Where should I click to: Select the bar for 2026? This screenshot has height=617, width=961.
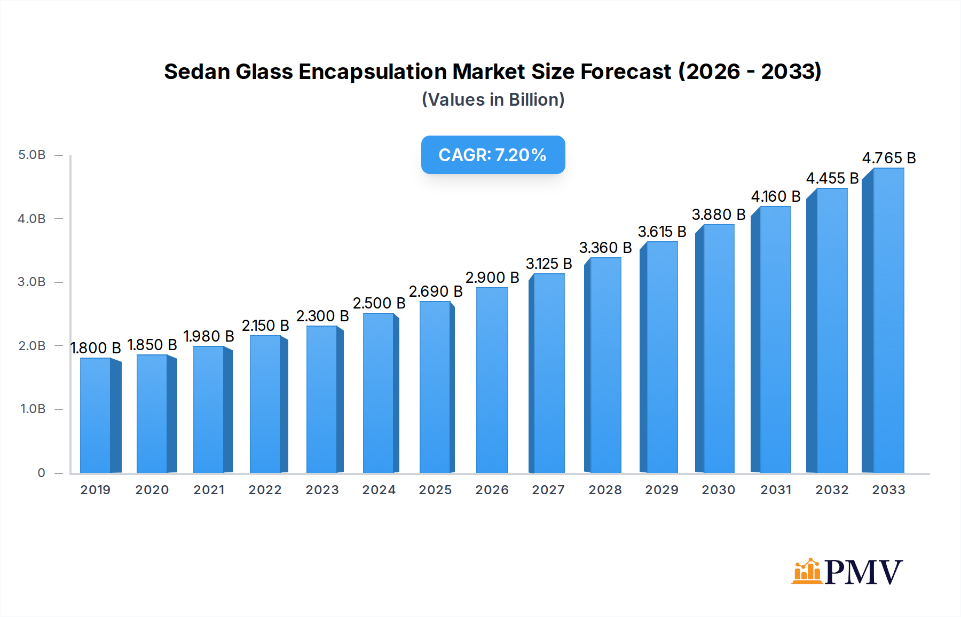[x=492, y=380]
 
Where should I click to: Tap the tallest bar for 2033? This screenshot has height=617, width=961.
[x=888, y=320]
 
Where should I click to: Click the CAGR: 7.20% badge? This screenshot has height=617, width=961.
[x=493, y=155]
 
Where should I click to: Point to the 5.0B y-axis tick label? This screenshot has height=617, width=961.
[x=32, y=155]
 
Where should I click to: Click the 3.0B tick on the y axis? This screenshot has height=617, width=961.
[x=32, y=282]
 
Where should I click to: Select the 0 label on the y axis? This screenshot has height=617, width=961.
[x=41, y=473]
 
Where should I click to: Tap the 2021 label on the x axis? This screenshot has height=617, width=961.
[x=209, y=490]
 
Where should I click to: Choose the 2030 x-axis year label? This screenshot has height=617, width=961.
[x=718, y=490]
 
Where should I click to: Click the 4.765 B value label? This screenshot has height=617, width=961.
[x=889, y=158]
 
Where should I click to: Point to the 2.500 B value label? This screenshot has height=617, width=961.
[x=379, y=303]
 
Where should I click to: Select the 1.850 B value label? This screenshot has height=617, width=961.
[x=152, y=345]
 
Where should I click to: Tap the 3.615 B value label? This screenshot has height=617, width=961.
[x=662, y=232]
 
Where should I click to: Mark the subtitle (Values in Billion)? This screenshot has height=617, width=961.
[x=493, y=100]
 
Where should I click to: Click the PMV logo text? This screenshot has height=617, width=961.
[x=863, y=572]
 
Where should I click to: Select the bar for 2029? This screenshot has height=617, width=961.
[x=661, y=358]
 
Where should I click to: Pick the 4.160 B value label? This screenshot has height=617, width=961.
[x=776, y=196]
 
